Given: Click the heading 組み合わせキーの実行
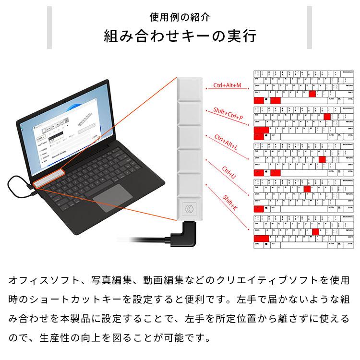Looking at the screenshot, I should [180, 36].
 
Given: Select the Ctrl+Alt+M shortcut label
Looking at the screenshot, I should [227, 85].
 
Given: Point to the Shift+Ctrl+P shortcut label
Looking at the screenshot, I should [228, 114].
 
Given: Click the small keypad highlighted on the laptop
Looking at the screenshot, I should [49, 177].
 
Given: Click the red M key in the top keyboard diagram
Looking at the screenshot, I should [312, 94].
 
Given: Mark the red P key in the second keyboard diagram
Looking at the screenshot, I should [327, 116].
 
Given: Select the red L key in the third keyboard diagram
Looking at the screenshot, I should [322, 159].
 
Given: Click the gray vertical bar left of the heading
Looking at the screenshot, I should [49, 27].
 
